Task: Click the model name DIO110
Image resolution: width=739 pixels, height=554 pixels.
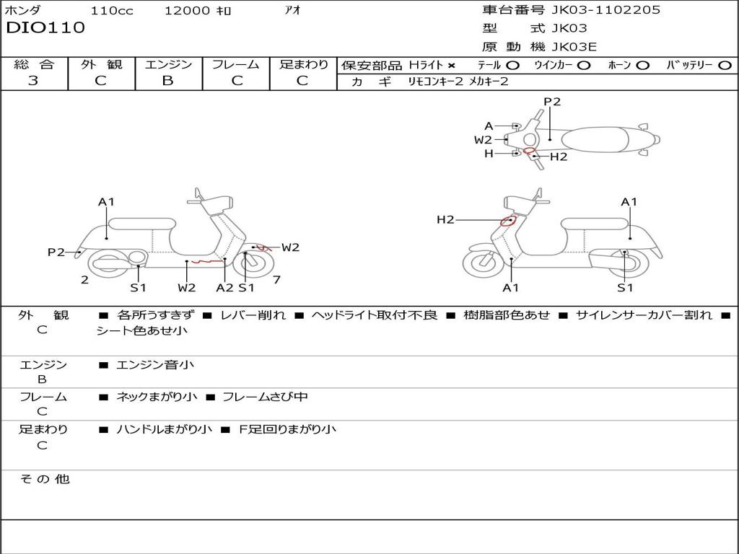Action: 45,28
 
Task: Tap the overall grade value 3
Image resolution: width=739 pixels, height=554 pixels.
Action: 33,81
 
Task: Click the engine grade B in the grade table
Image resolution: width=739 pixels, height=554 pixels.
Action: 167,81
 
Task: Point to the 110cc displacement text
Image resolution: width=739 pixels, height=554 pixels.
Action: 112,11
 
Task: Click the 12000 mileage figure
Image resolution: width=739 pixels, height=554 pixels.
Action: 187,11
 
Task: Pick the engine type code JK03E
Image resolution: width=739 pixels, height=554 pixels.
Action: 574,48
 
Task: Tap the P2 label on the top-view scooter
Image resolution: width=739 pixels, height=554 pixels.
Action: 552,102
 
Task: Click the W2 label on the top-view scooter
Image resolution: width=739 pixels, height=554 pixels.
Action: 483,140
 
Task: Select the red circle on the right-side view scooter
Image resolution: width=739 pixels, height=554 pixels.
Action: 508,221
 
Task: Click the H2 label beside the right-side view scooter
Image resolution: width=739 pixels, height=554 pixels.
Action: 445,219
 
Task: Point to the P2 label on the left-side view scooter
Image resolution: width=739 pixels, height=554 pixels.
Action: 56,252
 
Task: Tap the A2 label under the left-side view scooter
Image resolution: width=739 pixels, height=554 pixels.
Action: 225,287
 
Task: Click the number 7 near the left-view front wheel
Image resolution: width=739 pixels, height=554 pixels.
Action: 276,280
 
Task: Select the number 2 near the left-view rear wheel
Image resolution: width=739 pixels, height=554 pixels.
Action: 84,280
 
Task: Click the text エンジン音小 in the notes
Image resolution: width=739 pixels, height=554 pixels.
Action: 155,365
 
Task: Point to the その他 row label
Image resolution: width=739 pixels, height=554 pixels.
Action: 44,479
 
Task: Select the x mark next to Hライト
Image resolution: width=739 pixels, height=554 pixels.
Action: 452,66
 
